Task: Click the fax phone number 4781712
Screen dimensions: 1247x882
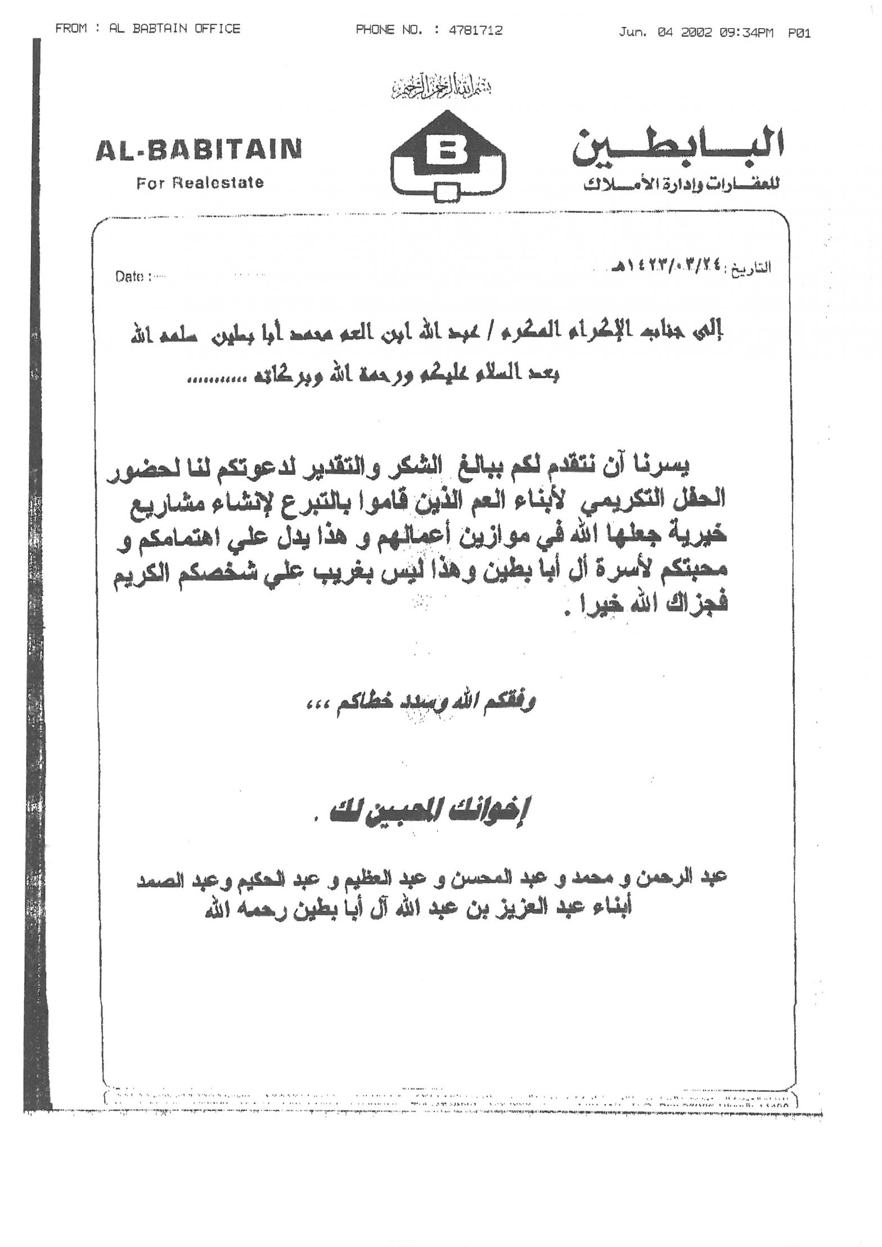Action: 475,30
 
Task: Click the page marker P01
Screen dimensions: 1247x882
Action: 799,33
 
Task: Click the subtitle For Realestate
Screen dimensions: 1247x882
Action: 200,183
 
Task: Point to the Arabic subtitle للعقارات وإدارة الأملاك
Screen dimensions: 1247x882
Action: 681,186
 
